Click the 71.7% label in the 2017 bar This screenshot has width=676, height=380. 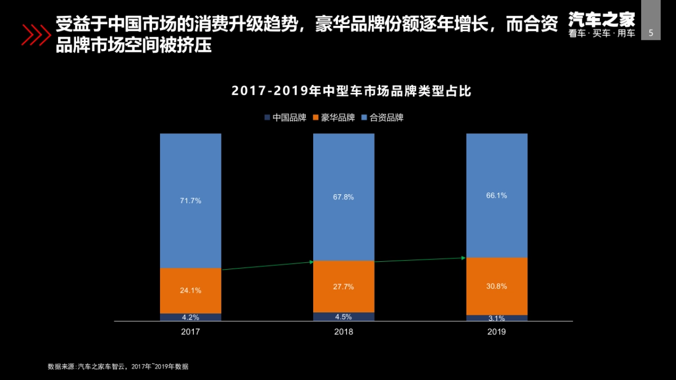click(x=190, y=200)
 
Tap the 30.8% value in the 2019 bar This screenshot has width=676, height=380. click(x=496, y=286)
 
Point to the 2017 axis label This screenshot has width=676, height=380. click(x=190, y=332)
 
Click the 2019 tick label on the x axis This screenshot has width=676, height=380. click(x=496, y=332)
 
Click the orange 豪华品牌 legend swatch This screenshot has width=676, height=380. click(x=315, y=118)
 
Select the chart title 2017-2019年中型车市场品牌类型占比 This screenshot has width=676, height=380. click(x=352, y=91)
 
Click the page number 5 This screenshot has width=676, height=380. click(x=651, y=33)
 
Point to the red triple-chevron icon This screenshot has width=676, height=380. click(x=35, y=34)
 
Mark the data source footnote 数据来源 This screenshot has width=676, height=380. click(x=118, y=366)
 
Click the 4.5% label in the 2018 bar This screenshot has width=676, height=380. click(x=344, y=316)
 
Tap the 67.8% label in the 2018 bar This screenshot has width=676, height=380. click(x=344, y=197)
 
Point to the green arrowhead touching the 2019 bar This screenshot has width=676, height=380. click(x=464, y=258)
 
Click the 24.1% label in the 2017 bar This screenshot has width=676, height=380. click(x=190, y=290)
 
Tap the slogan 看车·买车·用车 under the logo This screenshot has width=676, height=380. click(x=602, y=34)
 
